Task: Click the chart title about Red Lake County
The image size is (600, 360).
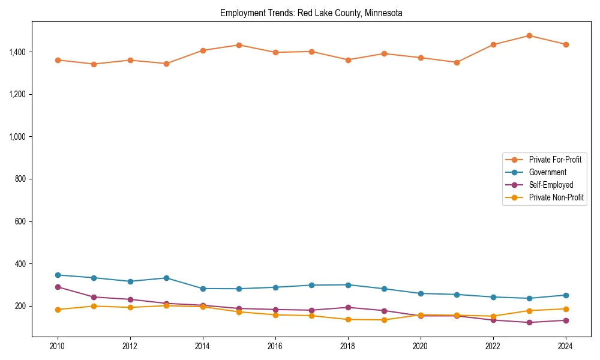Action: coord(311,13)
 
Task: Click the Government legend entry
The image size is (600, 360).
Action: coord(547,172)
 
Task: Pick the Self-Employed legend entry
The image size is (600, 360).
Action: coord(551,185)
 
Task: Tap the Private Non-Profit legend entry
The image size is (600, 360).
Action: coord(556,197)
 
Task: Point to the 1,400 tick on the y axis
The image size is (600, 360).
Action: coord(17,52)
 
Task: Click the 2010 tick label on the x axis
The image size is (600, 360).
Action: coord(58,346)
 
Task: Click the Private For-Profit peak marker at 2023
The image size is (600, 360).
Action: coord(529,35)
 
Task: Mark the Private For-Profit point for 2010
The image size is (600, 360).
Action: coord(58,60)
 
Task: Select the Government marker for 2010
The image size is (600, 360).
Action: coord(58,275)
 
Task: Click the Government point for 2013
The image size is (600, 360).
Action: coord(166,278)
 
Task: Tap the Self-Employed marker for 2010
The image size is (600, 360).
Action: coord(58,287)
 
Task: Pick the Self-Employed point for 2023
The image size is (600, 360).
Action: coord(529,322)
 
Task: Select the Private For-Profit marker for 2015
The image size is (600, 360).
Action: coord(239,45)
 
